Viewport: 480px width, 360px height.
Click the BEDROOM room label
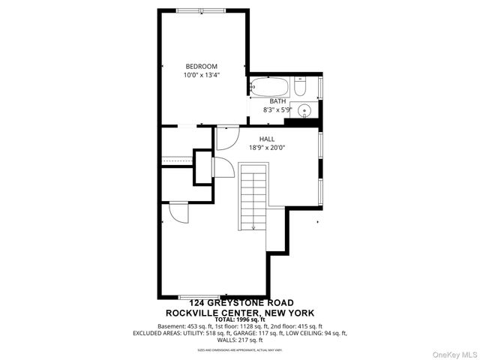click(x=201, y=66)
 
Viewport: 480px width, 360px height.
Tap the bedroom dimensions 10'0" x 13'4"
click(x=201, y=75)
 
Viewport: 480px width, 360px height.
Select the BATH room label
click(x=277, y=101)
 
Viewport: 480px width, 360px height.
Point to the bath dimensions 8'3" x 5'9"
click(x=277, y=110)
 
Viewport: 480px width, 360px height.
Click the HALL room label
click(x=266, y=139)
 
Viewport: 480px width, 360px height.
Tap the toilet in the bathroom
click(x=299, y=88)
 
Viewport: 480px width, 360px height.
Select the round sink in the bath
click(x=304, y=111)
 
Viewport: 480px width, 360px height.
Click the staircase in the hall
click(x=253, y=195)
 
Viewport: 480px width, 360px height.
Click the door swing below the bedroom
click(x=226, y=137)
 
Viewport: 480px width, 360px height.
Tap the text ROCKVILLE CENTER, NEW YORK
click(x=240, y=312)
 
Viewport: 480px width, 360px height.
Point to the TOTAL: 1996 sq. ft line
click(x=240, y=319)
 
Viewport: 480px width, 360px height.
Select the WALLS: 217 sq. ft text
click(x=240, y=339)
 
